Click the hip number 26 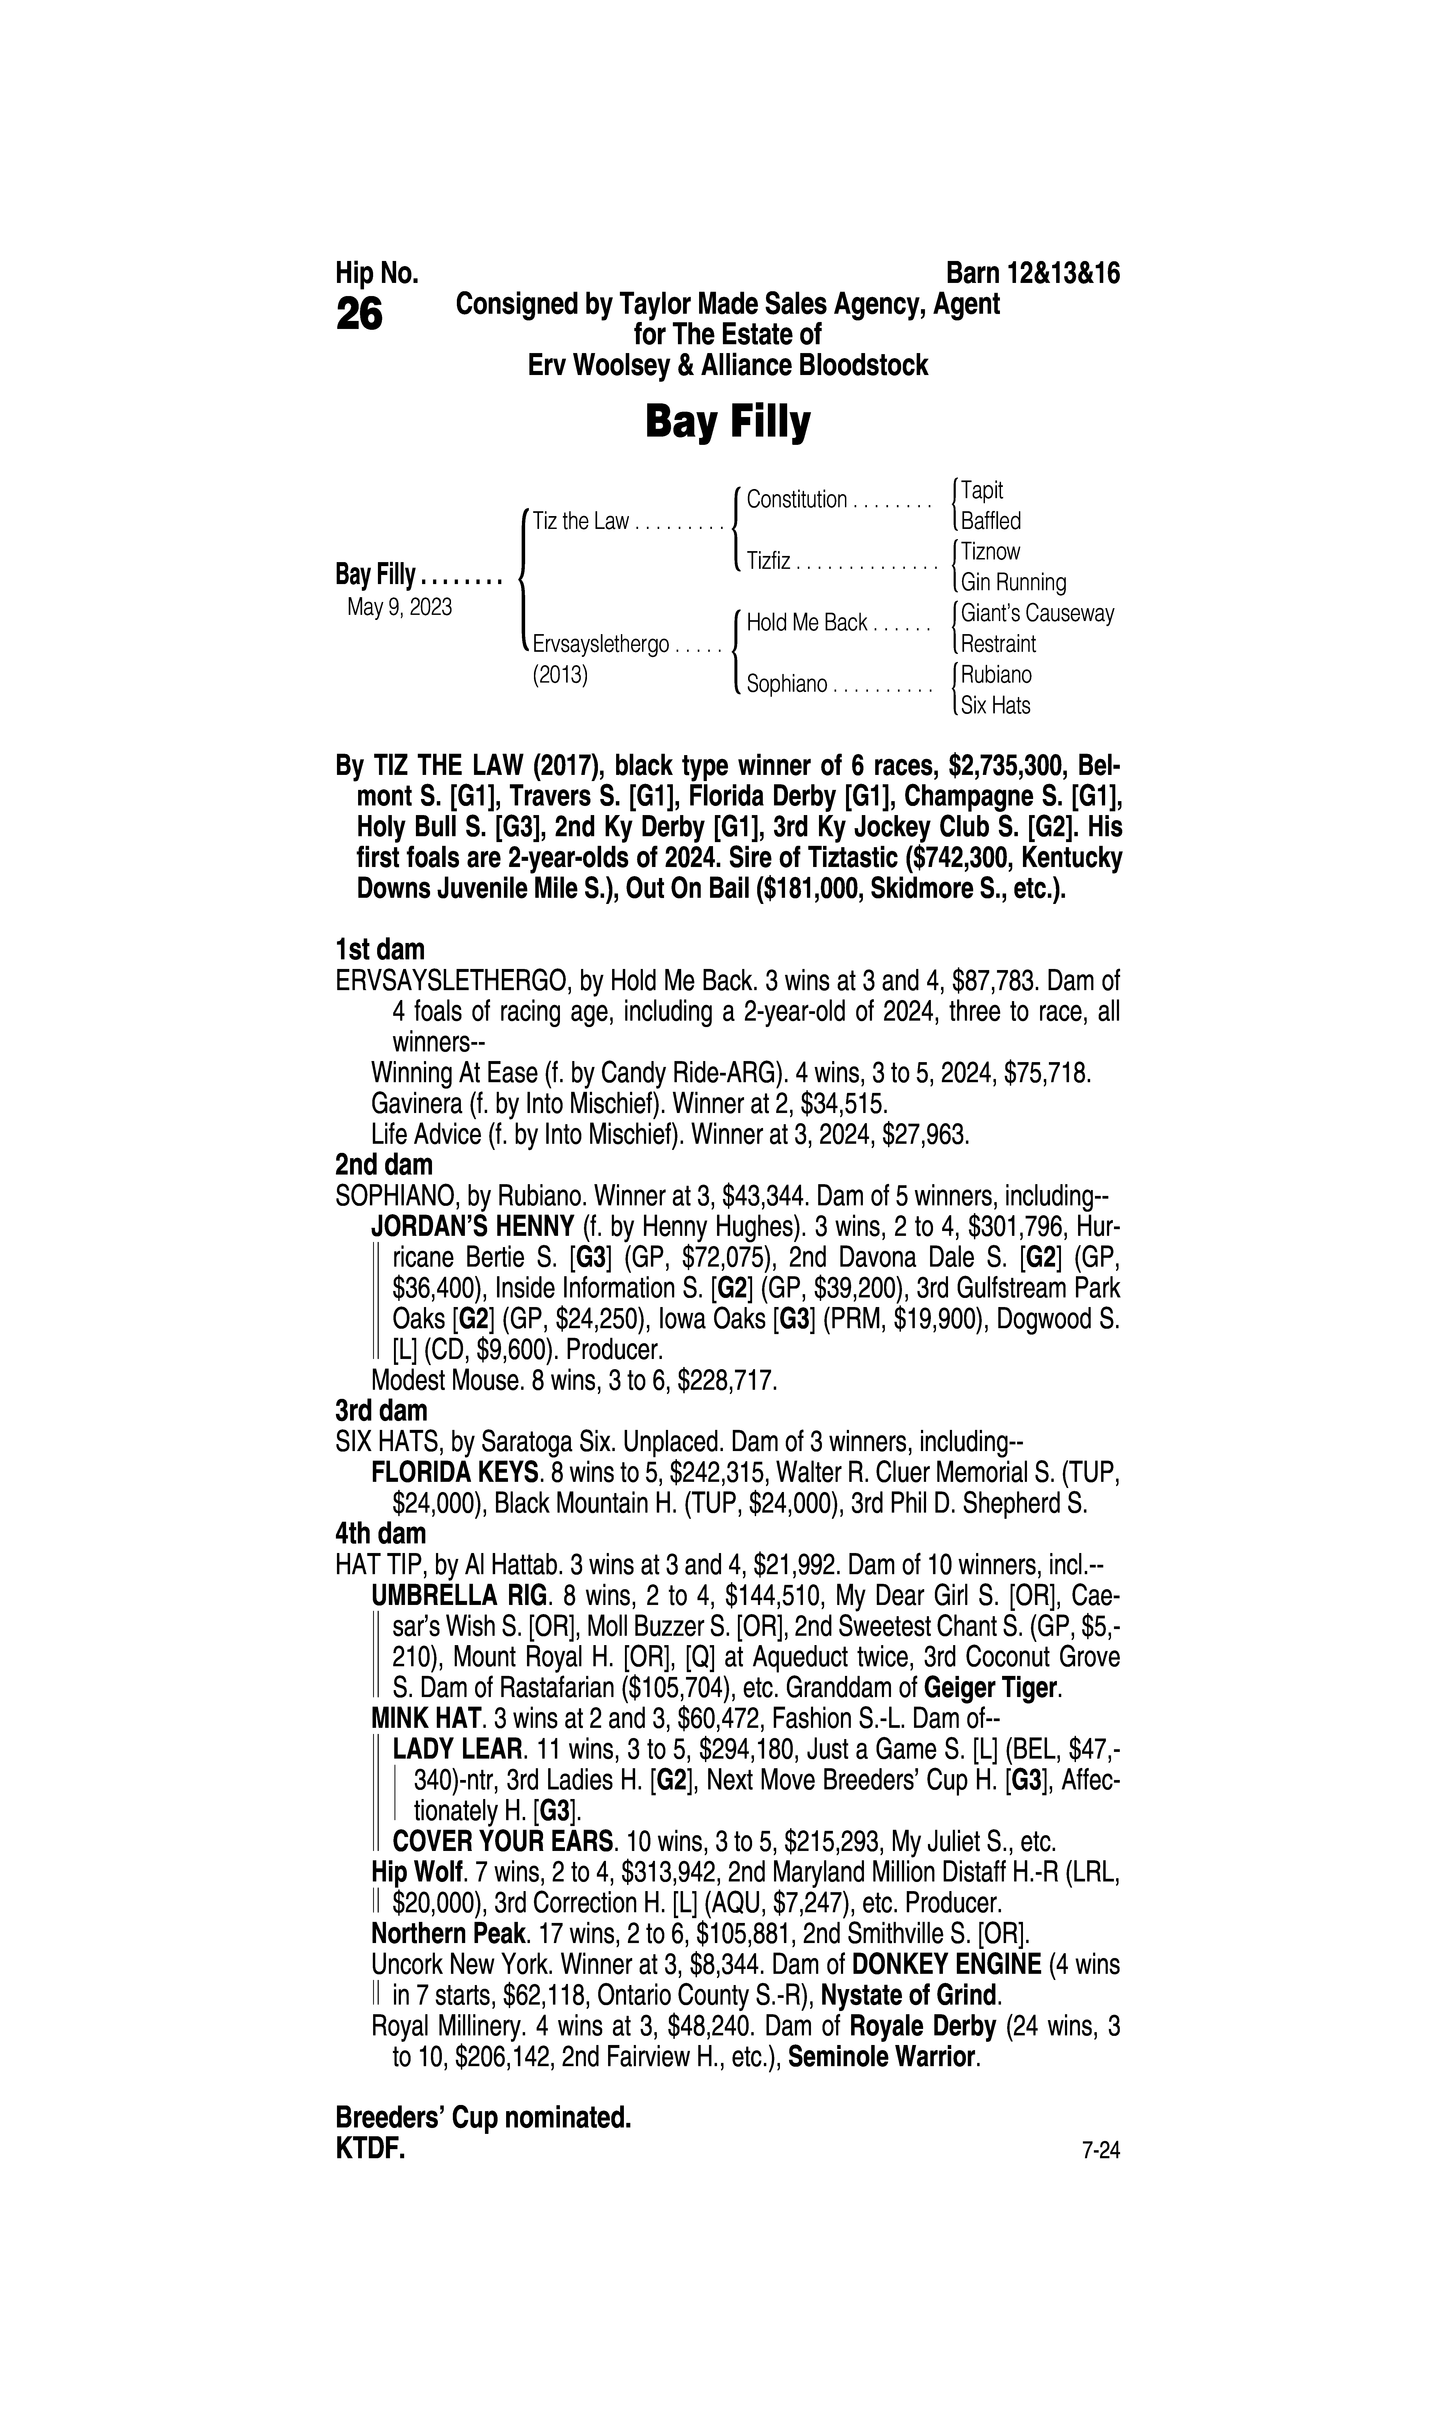point(359,315)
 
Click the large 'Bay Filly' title point(727,423)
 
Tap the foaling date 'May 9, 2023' point(399,607)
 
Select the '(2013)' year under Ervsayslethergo point(560,676)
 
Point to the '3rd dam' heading point(381,1411)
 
